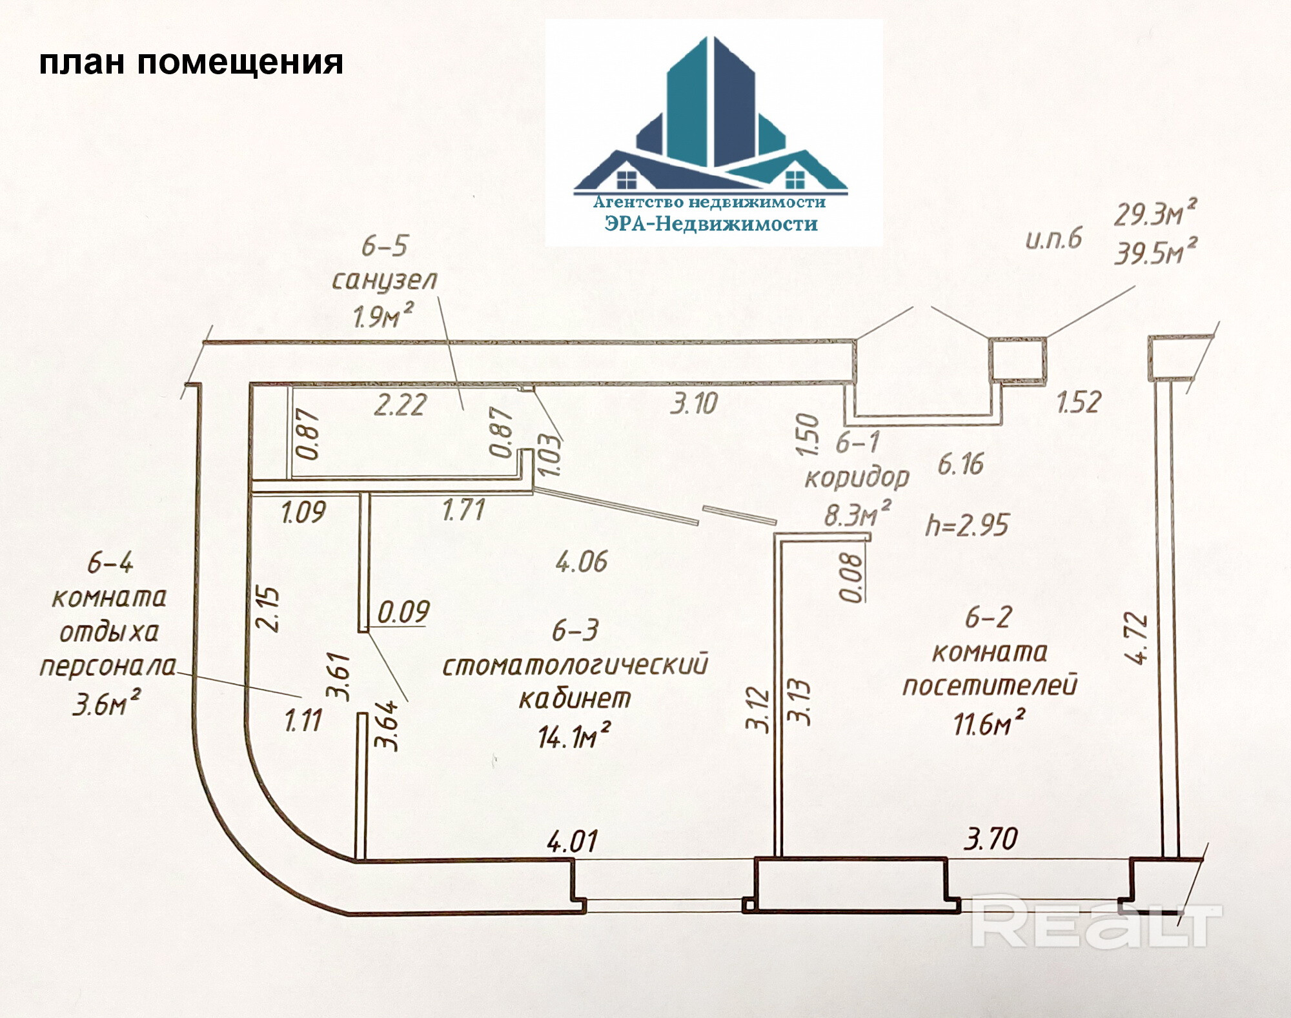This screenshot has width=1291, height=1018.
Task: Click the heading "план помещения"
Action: [191, 63]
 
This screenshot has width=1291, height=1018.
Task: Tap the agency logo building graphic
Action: [710, 113]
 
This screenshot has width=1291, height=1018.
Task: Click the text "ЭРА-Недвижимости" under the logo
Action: [711, 224]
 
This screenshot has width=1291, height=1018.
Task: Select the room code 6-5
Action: [385, 246]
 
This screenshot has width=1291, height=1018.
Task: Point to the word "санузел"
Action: [385, 280]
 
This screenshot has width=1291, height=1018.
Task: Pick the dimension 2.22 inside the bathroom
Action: [400, 405]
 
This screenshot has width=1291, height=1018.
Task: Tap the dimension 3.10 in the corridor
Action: [694, 404]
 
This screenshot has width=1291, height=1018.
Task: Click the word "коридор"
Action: [857, 478]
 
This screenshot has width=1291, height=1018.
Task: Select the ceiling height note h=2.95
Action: [966, 525]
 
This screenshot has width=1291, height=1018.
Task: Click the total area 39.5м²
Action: [1155, 251]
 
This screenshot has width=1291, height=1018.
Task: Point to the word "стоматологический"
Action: [575, 665]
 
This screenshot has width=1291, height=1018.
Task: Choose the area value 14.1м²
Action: [574, 736]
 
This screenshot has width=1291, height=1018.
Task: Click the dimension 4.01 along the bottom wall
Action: [572, 842]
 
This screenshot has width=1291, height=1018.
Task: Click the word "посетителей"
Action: [990, 686]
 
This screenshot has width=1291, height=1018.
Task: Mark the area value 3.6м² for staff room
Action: [107, 704]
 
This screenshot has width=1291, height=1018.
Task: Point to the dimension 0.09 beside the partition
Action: [403, 612]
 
